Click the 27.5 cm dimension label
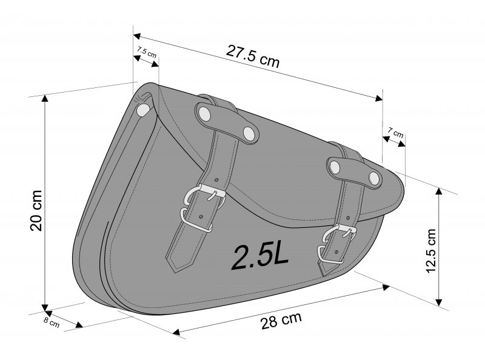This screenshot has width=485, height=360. [252, 56]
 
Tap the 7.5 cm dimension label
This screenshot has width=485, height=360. [147, 52]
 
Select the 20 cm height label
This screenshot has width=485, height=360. [36, 210]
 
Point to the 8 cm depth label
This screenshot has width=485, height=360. [51, 322]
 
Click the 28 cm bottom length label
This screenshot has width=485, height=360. [281, 321]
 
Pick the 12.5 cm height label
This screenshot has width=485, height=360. [430, 250]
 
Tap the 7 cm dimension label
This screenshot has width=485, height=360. [396, 132]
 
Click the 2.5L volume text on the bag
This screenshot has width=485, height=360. [260, 256]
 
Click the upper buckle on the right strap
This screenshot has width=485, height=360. [339, 233]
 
